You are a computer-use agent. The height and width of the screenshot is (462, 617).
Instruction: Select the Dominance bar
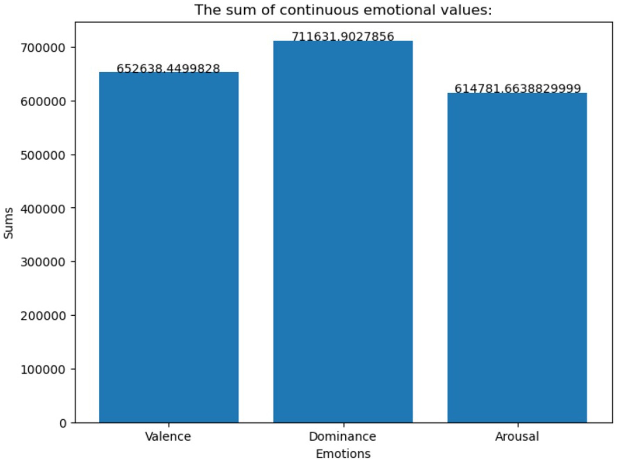coord(343,231)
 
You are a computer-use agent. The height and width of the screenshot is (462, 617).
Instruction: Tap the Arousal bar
coord(517,257)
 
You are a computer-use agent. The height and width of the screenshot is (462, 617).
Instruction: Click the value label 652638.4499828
coord(169,68)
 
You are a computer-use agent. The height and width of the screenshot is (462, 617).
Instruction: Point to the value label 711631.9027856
coord(343,36)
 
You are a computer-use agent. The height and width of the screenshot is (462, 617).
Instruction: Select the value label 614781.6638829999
coord(517,88)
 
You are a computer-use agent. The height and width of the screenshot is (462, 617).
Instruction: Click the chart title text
coord(343,10)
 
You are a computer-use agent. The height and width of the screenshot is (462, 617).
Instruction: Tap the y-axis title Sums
coord(9,223)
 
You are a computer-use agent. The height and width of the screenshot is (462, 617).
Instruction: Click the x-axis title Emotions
coord(343,454)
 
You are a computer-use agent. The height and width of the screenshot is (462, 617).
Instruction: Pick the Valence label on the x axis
coord(168,436)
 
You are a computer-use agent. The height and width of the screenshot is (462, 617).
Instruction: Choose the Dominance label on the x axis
coord(342,436)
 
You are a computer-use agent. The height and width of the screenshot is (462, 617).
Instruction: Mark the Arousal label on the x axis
coord(517,436)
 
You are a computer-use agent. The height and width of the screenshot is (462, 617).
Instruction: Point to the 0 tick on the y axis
coord(63,423)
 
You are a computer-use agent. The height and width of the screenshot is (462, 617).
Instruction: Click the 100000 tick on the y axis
coord(43,369)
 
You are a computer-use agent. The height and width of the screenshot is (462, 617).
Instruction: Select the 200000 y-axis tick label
coord(43,316)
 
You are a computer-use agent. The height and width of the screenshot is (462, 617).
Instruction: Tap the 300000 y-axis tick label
coord(43,262)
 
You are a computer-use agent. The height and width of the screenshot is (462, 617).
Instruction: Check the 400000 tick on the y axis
coord(43,209)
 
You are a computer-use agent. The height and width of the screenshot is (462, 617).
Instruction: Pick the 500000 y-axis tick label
coord(43,155)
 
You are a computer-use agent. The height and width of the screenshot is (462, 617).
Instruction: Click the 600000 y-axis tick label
coord(43,101)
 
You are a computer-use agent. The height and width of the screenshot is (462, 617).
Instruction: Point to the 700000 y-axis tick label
coord(43,47)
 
